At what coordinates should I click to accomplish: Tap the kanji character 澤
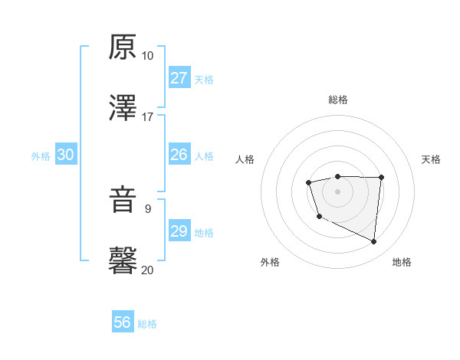point(123,108)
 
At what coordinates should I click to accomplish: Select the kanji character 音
point(123,200)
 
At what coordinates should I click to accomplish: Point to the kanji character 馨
point(123,261)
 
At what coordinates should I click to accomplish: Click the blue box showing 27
point(179,78)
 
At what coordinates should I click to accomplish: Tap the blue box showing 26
point(179,155)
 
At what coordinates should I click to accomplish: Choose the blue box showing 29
point(179,231)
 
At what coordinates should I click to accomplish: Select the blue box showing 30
point(66,155)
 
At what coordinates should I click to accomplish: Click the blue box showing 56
point(123,322)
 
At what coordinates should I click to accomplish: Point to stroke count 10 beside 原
point(147,56)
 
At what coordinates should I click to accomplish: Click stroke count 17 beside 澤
point(147,117)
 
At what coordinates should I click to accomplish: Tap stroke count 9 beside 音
point(147,208)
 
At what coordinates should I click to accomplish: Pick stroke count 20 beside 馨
point(147,270)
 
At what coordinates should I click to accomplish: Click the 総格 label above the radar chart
point(337,100)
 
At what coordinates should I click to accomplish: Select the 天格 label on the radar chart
point(431,159)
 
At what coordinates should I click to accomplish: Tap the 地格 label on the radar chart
point(402,262)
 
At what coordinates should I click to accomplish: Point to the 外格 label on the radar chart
point(270,262)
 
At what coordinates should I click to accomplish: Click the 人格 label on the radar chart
point(245,159)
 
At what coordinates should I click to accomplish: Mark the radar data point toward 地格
point(373,242)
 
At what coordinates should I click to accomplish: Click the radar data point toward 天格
point(382,178)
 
